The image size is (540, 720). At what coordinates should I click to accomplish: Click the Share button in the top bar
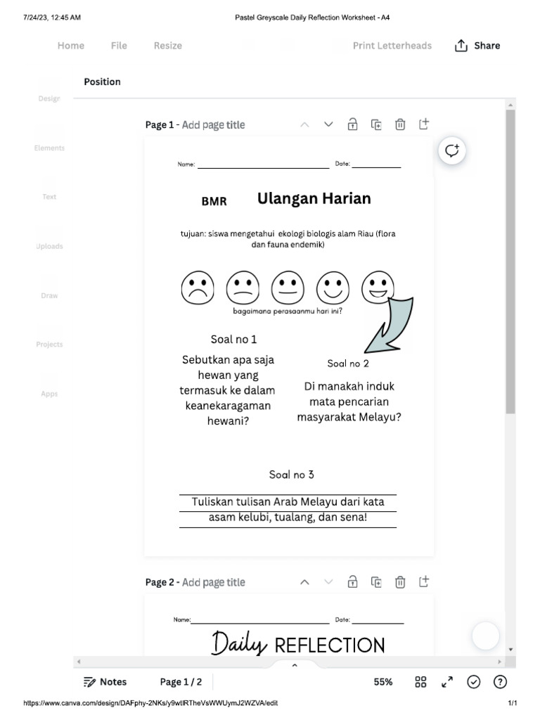pyautogui.click(x=477, y=46)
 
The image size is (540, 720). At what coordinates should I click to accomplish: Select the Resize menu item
pyautogui.click(x=167, y=46)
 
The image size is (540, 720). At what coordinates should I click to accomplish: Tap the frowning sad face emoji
pyautogui.click(x=198, y=288)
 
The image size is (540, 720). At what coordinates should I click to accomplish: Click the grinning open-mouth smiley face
pyautogui.click(x=378, y=287)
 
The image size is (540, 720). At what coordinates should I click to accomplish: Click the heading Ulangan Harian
pyautogui.click(x=314, y=198)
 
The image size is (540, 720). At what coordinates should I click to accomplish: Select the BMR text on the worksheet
pyautogui.click(x=214, y=201)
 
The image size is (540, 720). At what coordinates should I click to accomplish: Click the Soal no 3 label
pyautogui.click(x=292, y=475)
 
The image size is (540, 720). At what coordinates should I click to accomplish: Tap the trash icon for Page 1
pyautogui.click(x=400, y=124)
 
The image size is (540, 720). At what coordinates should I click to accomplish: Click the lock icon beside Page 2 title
pyautogui.click(x=352, y=581)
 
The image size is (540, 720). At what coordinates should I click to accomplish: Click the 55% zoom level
pyautogui.click(x=383, y=682)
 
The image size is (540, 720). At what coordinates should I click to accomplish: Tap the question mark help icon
pyautogui.click(x=500, y=682)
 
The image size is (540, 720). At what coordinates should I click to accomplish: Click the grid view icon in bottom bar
pyautogui.click(x=420, y=682)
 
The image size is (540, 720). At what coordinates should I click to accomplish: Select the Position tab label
pyautogui.click(x=102, y=82)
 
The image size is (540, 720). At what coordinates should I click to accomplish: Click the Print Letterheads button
pyautogui.click(x=392, y=46)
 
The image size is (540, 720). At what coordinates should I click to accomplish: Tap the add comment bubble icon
pyautogui.click(x=452, y=150)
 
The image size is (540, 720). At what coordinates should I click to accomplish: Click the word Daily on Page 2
pyautogui.click(x=239, y=643)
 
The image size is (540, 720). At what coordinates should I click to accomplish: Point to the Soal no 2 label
pyautogui.click(x=348, y=364)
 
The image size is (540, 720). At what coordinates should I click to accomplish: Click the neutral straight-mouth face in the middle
pyautogui.click(x=288, y=288)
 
